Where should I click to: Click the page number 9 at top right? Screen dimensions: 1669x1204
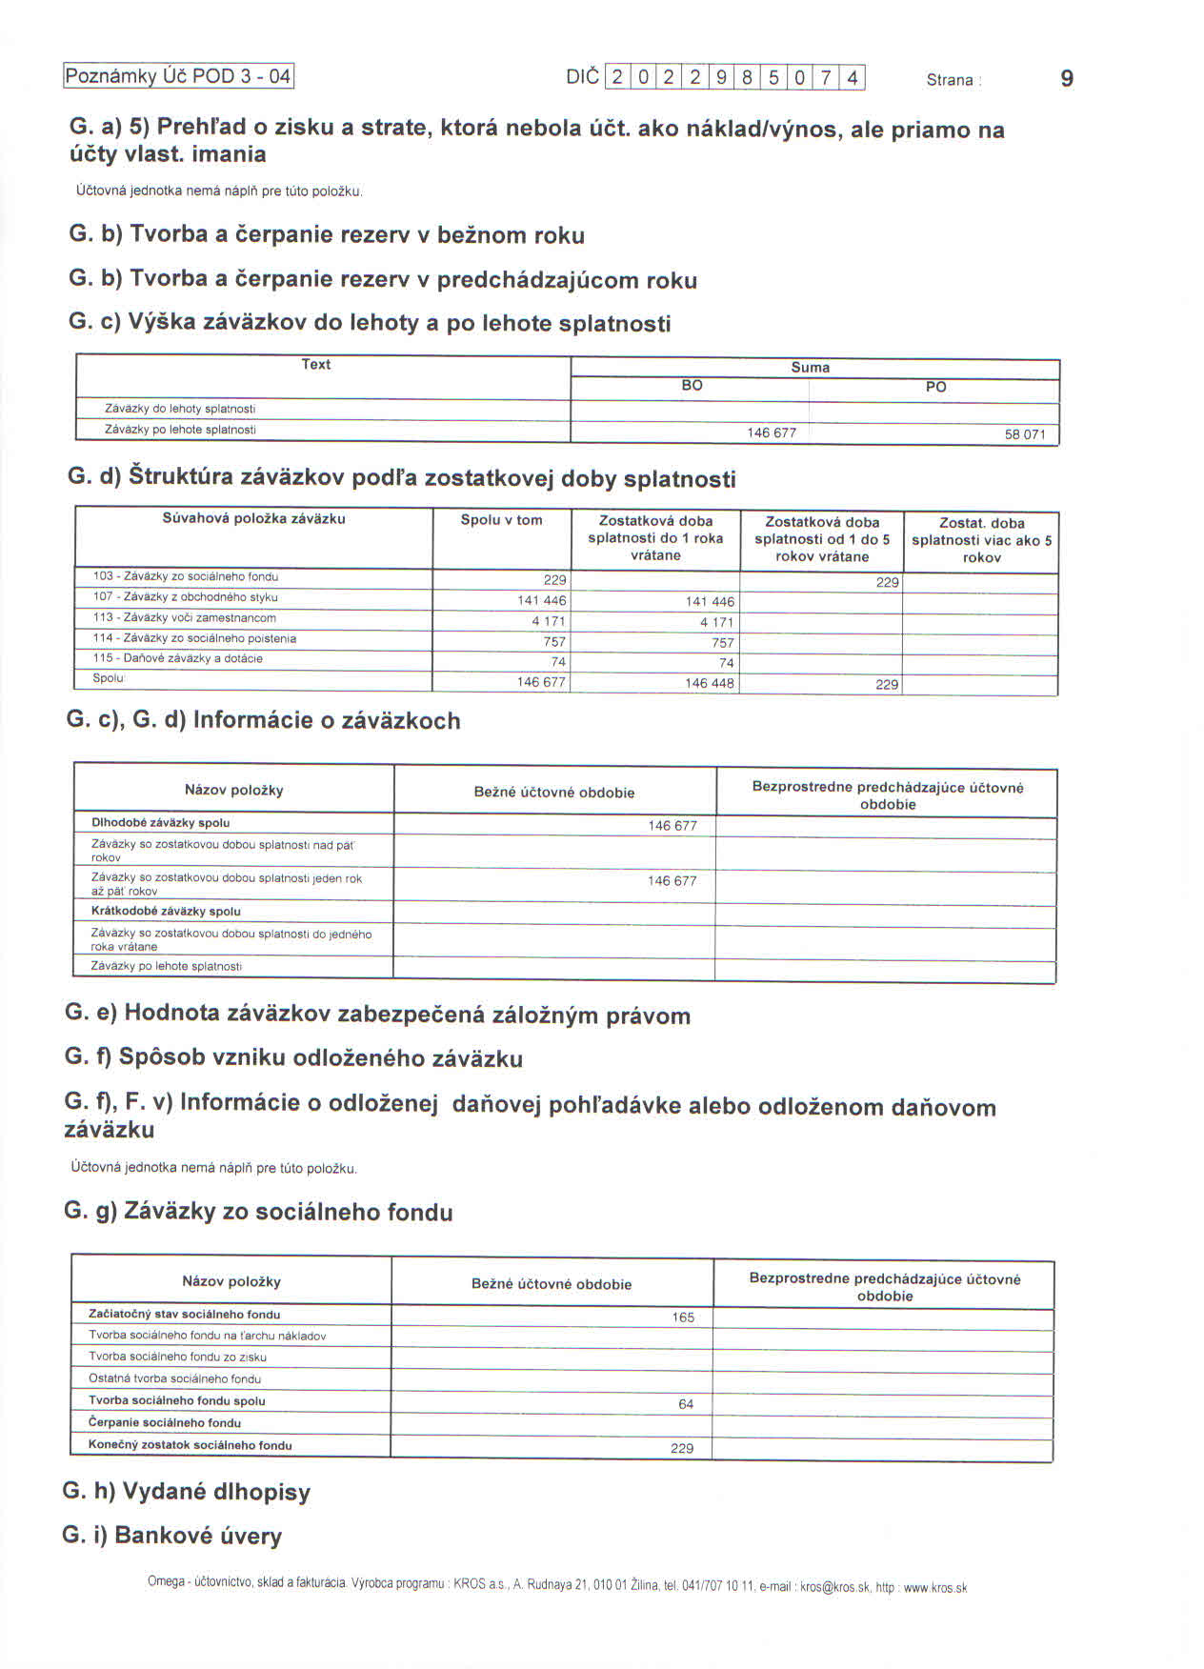click(1067, 78)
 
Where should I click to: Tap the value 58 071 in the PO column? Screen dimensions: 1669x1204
click(1025, 434)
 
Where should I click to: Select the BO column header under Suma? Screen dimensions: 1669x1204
click(692, 386)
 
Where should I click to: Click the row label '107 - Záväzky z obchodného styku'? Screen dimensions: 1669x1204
click(186, 597)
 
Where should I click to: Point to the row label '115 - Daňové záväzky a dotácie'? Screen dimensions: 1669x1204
click(178, 658)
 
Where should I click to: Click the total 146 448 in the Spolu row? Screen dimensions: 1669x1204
click(710, 683)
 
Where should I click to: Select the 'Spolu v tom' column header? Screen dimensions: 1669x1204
click(501, 520)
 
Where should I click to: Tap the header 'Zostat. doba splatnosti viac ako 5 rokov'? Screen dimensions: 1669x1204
click(981, 540)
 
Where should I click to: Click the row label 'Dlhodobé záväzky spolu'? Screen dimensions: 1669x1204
click(160, 823)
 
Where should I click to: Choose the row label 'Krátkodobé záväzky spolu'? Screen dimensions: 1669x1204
click(166, 911)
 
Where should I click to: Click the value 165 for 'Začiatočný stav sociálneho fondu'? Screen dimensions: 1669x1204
click(683, 1317)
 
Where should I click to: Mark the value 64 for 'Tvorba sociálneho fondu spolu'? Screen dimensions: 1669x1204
click(686, 1404)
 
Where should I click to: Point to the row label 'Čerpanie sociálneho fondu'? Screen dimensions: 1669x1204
click(165, 1422)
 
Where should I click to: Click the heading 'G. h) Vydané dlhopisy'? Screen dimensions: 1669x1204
click(187, 1492)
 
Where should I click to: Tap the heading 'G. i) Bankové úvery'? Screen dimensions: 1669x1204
click(172, 1536)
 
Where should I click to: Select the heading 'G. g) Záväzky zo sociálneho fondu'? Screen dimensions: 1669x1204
click(258, 1212)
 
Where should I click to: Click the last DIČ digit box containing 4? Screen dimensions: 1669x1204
click(853, 77)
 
